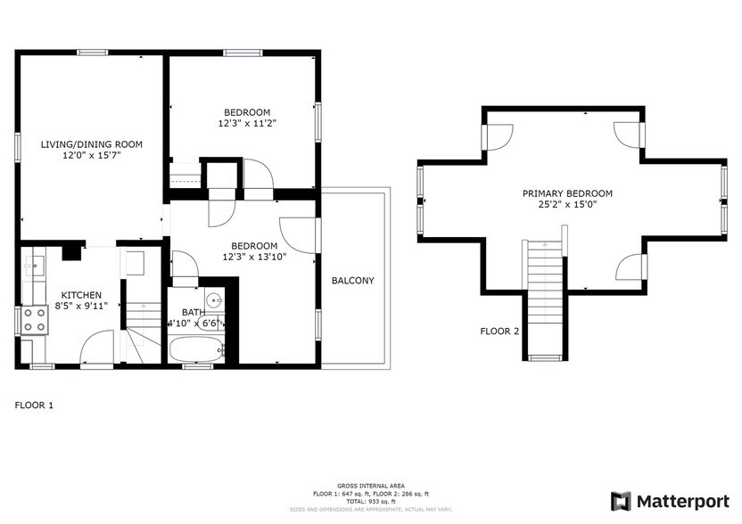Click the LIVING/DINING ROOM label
(92, 143)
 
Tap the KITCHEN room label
(81, 295)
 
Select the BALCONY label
(353, 281)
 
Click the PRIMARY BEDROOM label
(567, 193)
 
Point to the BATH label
(194, 312)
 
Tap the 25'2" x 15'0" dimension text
(567, 205)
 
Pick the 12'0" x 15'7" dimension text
(92, 155)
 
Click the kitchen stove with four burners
(35, 320)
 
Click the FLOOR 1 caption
(34, 405)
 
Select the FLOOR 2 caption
(499, 331)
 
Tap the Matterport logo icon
(621, 501)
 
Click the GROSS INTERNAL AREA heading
(370, 487)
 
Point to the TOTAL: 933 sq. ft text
(370, 501)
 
